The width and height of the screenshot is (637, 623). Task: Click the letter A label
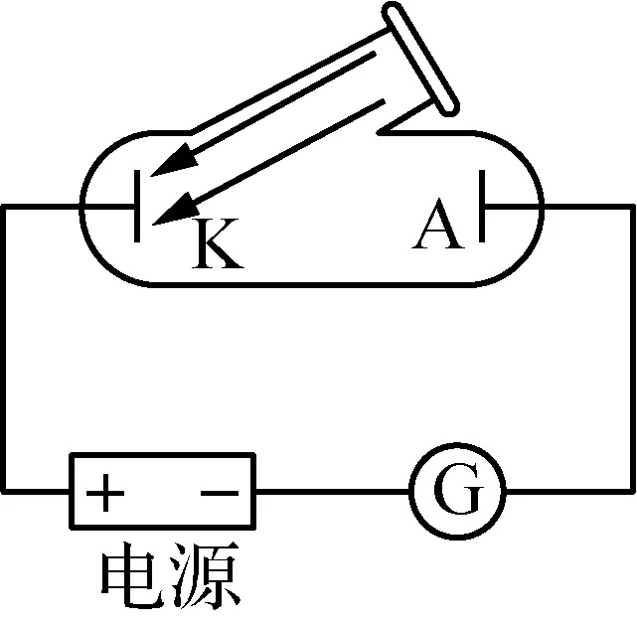[x=438, y=225]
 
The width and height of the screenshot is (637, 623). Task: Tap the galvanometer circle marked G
[x=458, y=491]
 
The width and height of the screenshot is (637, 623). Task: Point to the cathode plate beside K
[x=136, y=207]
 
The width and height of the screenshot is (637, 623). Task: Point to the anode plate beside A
[x=483, y=207]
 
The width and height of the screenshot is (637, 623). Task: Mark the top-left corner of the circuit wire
[x=4, y=207]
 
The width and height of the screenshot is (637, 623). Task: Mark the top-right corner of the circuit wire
[x=633, y=207]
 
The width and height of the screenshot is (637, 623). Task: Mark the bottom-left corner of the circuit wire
[x=4, y=491]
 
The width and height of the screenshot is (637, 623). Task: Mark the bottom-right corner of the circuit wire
[x=633, y=491]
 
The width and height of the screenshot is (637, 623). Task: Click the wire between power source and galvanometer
[x=332, y=491]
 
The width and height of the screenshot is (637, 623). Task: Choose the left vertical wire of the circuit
[x=4, y=348]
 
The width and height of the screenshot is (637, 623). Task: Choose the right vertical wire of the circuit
[x=633, y=348]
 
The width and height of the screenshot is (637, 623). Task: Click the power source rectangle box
[x=161, y=491]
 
